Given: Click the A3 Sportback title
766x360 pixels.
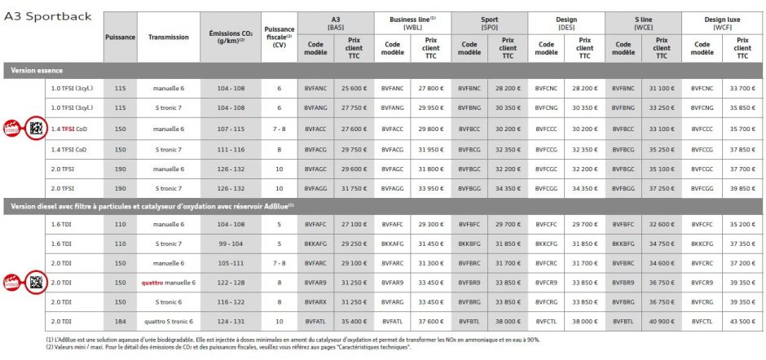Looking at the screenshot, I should tap(48, 16).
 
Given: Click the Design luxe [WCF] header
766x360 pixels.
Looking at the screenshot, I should tap(722, 22).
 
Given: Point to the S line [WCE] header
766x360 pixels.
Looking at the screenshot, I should tap(644, 22).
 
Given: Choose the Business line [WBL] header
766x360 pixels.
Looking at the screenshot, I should tap(413, 22).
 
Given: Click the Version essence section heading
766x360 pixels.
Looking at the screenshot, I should tap(37, 70).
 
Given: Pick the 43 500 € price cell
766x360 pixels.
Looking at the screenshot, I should tap(742, 320).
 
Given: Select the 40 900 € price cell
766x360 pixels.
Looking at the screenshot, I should tap(663, 320).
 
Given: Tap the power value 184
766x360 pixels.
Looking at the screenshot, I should tap(121, 320).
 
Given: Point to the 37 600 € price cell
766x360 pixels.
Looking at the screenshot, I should tap(429, 320).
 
